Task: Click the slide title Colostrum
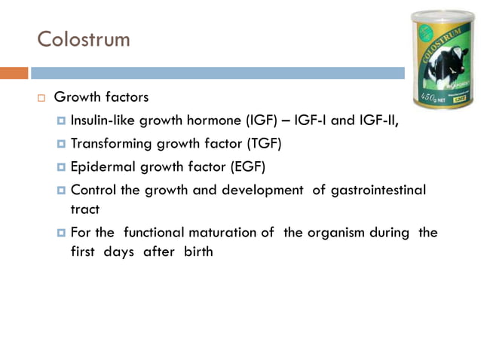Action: (x=84, y=38)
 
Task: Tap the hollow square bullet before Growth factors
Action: (x=42, y=98)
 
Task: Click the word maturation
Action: (x=240, y=233)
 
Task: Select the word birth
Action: (x=196, y=252)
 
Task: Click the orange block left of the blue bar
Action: (x=14, y=73)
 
